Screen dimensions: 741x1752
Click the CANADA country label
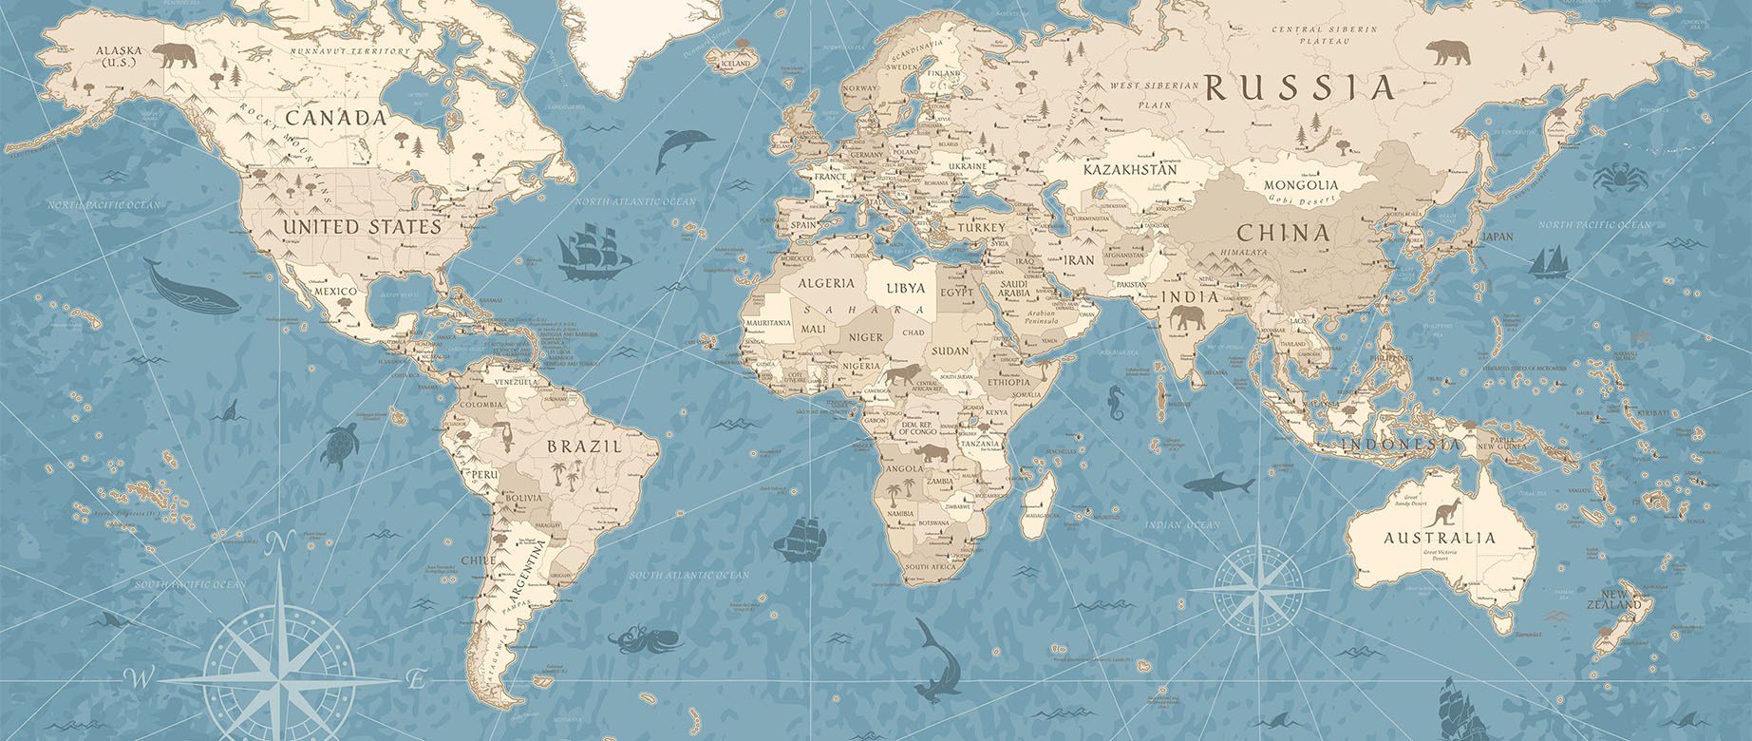[336, 118]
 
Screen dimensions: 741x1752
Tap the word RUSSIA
[1299, 88]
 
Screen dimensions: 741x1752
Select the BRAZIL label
[584, 446]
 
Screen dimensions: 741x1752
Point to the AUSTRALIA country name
[1440, 538]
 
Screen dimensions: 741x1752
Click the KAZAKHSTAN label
[1130, 169]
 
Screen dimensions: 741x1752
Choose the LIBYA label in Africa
[905, 287]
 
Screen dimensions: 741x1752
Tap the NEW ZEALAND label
[1614, 599]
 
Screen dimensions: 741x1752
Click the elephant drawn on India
[1187, 318]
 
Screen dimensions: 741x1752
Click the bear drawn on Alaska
[175, 55]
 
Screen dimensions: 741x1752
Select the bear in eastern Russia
[1447, 51]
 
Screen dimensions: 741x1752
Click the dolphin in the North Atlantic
[682, 147]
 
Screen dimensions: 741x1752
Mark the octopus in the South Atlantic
[645, 639]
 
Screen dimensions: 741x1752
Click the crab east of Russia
[1614, 176]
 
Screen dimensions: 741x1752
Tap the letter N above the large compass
[278, 543]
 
